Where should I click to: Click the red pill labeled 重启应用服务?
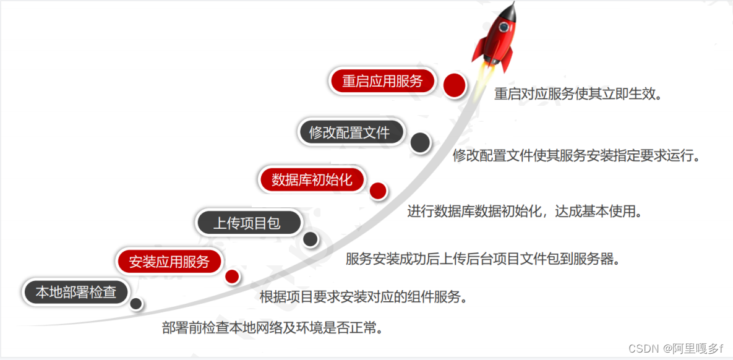(382, 81)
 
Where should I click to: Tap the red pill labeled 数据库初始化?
(312, 179)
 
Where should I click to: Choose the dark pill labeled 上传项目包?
(247, 223)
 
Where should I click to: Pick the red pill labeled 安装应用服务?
(169, 261)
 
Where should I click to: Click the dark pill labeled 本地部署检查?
(75, 292)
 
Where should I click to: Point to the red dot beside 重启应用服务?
(455, 84)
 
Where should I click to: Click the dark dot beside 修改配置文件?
(421, 143)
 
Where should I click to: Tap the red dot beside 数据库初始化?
(378, 191)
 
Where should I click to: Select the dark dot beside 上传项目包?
(311, 239)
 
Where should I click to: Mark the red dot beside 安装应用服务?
(232, 276)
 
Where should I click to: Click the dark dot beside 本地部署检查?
(136, 304)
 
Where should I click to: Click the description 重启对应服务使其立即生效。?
(578, 95)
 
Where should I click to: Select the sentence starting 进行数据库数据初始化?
(525, 212)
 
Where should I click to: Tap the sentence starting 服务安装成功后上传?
(482, 259)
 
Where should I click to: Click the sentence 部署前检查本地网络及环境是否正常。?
(272, 328)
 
